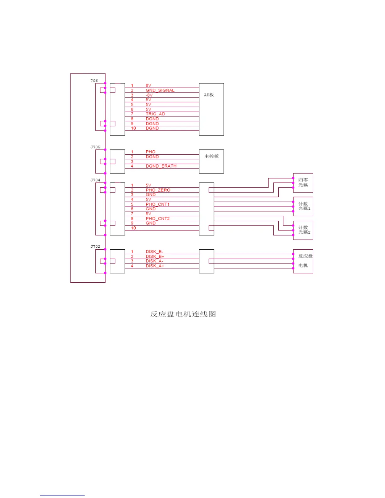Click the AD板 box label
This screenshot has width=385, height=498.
coord(209,95)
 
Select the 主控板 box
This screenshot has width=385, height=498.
coord(211,161)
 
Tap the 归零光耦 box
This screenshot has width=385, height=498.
coord(303,183)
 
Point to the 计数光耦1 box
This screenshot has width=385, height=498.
coord(303,206)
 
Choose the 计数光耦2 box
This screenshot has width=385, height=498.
coord(303,230)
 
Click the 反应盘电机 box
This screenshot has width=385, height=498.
coord(303,261)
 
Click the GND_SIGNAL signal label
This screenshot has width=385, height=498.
coord(160,90)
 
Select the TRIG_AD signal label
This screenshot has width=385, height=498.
coord(155,114)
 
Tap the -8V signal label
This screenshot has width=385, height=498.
coord(149,95)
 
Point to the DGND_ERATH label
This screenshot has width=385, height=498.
coord(161,166)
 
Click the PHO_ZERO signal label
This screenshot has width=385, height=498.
coord(158,190)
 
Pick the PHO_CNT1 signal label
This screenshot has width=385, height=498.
coord(157,204)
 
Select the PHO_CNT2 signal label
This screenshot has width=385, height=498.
coord(157,219)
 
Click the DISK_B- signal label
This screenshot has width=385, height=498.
coord(154,252)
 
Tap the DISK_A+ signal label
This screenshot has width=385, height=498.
coord(155,266)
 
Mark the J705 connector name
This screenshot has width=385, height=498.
coord(95,147)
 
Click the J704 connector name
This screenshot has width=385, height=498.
coord(95,180)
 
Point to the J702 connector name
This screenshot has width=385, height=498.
coord(95,246)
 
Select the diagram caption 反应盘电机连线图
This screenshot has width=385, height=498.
coord(183,314)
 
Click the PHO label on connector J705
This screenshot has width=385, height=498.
coord(150,152)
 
